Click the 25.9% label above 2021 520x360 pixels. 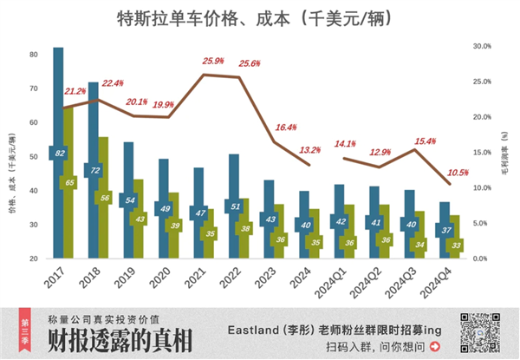pos(213,62)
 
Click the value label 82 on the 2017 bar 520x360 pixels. pos(60,154)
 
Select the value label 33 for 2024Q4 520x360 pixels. pos(455,245)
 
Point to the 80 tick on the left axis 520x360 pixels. pos(33,54)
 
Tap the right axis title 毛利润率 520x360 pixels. pos(504,156)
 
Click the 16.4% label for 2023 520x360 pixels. pos(285,128)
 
